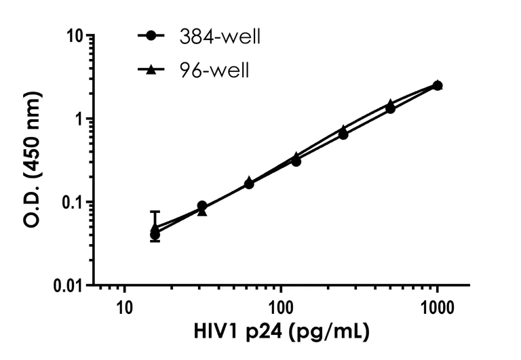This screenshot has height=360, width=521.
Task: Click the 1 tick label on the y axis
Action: coord(81,119)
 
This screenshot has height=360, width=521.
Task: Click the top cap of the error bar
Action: coord(155,212)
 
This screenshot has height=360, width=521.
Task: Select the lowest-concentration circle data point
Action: coord(155,235)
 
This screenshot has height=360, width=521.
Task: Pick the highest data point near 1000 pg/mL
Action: coord(438,85)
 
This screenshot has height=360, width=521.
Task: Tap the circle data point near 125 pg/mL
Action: coord(296,161)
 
